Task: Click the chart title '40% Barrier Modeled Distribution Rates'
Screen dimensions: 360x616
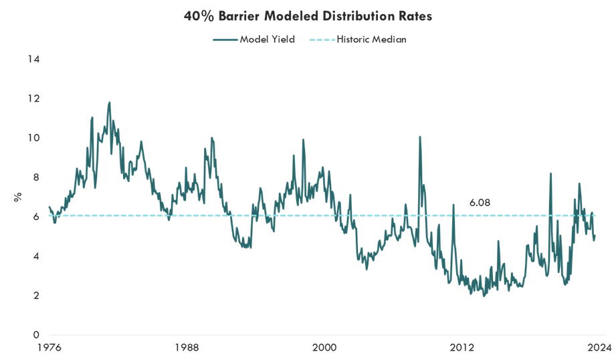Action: point(308,17)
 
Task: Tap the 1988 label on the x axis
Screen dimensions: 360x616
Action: point(187,347)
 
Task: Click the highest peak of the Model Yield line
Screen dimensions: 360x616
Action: point(109,102)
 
